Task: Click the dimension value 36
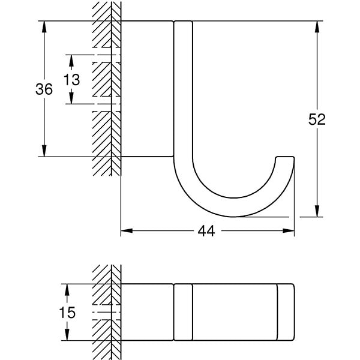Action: (x=44, y=89)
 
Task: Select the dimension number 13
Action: (x=71, y=79)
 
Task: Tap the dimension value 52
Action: (x=317, y=119)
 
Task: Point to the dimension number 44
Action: (x=207, y=231)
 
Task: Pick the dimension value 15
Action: (x=67, y=312)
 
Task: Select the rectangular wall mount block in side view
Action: (x=148, y=89)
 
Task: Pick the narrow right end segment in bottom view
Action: (x=286, y=312)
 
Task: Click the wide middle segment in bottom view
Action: (x=234, y=312)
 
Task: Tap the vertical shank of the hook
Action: (x=184, y=90)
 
